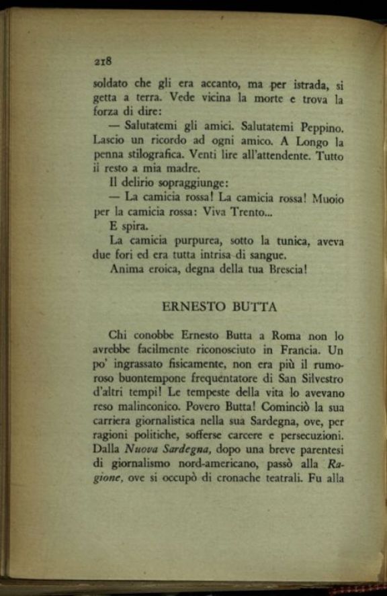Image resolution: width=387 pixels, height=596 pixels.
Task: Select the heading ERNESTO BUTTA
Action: point(219,306)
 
